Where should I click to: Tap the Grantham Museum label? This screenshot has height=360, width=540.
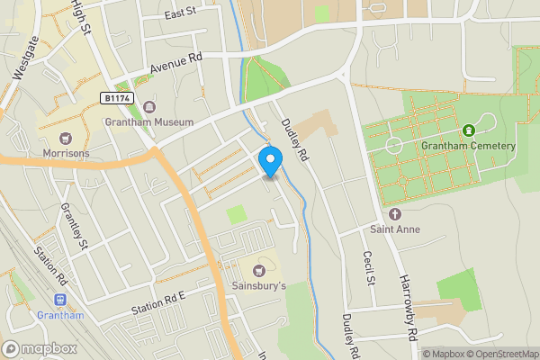click(x=148, y=121)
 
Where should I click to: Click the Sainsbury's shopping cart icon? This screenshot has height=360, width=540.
click(x=260, y=270)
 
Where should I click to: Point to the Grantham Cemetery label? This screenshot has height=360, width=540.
click(x=468, y=146)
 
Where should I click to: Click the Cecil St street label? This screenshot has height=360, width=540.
click(x=368, y=267)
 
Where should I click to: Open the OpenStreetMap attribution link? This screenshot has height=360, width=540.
click(x=500, y=354)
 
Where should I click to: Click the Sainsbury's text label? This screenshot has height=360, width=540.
click(x=260, y=286)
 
